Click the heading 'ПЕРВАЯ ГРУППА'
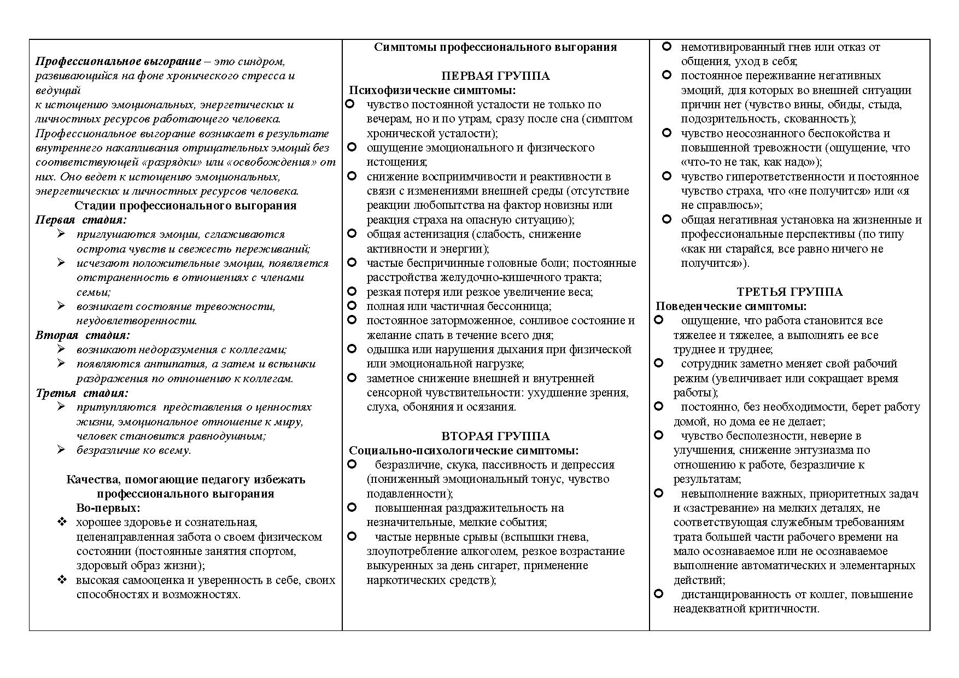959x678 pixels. click(x=495, y=76)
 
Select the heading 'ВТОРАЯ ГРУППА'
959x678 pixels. click(x=495, y=436)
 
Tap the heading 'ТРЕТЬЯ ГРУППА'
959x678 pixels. click(x=790, y=292)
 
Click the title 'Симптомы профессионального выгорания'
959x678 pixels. click(x=495, y=47)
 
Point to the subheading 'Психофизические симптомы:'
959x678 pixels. click(x=432, y=90)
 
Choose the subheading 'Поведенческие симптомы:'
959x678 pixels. click(x=731, y=306)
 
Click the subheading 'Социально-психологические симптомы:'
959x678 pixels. click(x=464, y=451)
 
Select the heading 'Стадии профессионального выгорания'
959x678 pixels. click(x=185, y=206)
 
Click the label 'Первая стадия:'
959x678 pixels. click(x=81, y=220)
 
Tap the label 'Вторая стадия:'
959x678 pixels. click(x=83, y=335)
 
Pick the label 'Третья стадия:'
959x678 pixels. click(x=82, y=393)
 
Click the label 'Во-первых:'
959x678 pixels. click(x=108, y=508)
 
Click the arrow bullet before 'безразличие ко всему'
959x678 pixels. click(x=61, y=449)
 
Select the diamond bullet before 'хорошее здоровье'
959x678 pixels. click(x=62, y=522)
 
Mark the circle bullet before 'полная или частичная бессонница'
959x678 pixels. click(x=352, y=306)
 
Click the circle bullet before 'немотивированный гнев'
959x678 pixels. click(x=666, y=46)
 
